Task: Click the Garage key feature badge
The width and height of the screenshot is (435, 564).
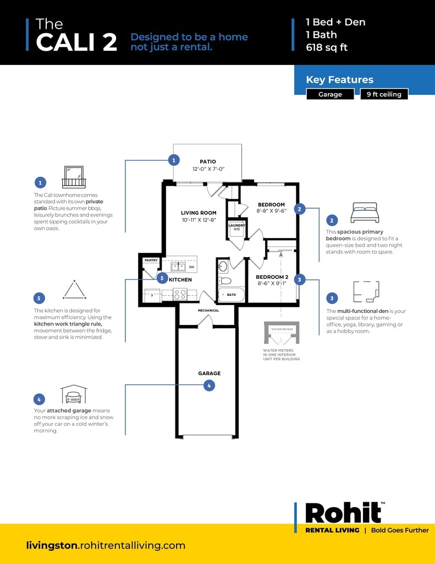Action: (330, 94)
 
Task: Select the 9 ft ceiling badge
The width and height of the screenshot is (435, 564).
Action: (384, 94)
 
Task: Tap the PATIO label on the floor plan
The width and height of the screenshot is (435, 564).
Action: (208, 161)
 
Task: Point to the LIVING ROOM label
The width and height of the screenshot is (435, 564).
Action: (199, 213)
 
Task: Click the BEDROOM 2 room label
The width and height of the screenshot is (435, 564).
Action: (272, 276)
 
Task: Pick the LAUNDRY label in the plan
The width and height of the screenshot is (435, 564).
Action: (236, 225)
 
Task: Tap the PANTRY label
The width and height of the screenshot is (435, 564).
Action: (151, 260)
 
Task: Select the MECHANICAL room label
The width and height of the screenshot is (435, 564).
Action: (208, 310)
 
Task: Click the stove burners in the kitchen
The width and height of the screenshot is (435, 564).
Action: (180, 294)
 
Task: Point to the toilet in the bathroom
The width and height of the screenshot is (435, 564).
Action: (223, 267)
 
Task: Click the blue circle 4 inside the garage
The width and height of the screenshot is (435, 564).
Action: (209, 386)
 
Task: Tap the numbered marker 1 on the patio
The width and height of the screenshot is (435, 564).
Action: (174, 160)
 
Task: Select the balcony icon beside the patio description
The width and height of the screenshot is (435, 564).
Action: (73, 177)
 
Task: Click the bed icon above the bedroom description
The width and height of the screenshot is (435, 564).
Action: (364, 213)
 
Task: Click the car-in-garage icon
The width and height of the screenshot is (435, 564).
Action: (74, 394)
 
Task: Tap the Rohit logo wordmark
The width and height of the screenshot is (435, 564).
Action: (343, 513)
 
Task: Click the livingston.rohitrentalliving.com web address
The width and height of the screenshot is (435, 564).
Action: (106, 545)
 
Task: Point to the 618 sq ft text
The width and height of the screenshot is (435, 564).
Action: (327, 47)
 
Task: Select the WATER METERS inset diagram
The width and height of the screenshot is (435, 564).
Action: (282, 334)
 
